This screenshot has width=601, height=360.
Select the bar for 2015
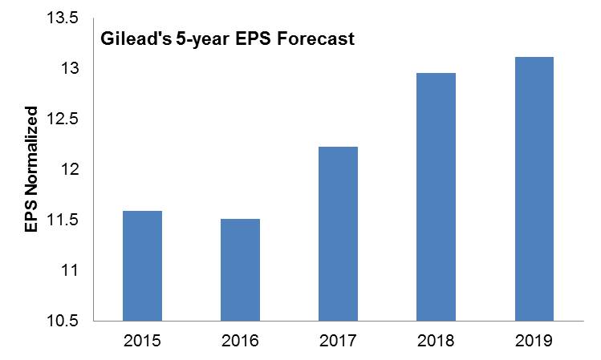142,265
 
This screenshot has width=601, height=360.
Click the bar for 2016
240,269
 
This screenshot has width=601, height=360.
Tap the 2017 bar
338,233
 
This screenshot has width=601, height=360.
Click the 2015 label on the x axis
142,342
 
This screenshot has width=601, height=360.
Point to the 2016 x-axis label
240,342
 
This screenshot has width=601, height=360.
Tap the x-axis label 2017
338,342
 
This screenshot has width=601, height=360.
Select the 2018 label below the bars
436,342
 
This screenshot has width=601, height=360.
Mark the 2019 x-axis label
534,342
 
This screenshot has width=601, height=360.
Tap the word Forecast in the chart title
313,39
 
